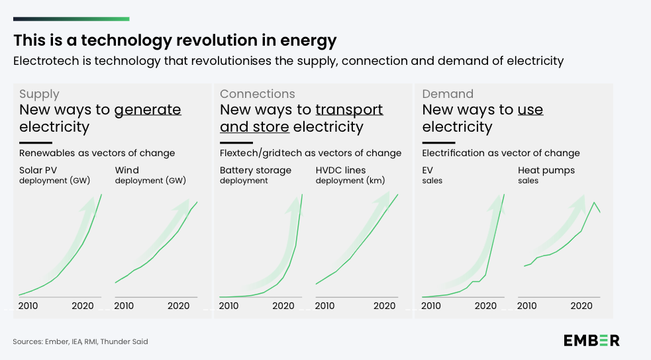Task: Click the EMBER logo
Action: coord(591,340)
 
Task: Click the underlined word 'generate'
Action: coord(148,110)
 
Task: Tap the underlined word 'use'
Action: coord(530,110)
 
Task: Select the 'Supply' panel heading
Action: coord(39,94)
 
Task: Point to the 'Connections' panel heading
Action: coord(257,94)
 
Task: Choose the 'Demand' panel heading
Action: coord(448,94)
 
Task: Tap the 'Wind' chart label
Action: coord(127,170)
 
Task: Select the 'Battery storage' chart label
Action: coord(255,170)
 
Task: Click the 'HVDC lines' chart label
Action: coord(340,170)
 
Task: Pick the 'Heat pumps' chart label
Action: coord(546,170)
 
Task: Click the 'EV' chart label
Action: coord(428,170)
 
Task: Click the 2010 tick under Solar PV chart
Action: coord(28,306)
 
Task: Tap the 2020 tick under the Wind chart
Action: coord(178,306)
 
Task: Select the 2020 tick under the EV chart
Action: coord(485,306)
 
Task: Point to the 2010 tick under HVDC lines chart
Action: coord(325,306)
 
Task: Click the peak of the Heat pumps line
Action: coord(594,202)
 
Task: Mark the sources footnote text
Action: coord(80,341)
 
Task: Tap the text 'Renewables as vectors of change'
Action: coord(97,153)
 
